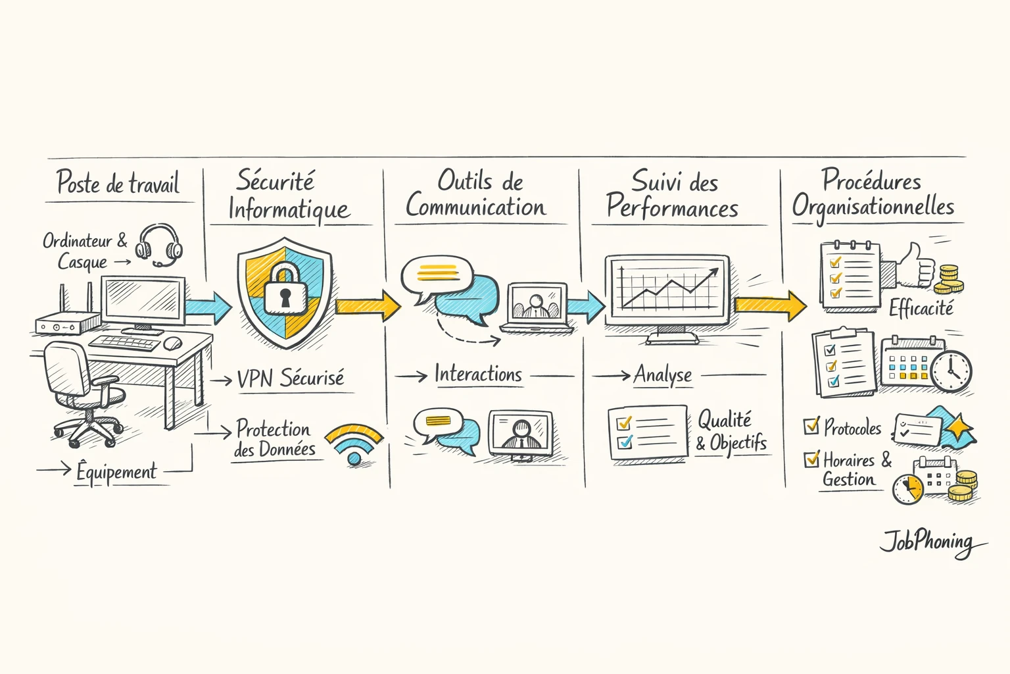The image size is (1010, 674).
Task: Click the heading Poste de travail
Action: click(x=118, y=183)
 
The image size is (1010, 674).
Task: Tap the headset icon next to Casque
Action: click(x=158, y=245)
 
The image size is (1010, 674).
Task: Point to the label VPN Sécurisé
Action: click(x=290, y=378)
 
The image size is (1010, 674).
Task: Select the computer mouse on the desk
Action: click(x=172, y=343)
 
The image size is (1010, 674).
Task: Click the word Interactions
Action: click(x=478, y=375)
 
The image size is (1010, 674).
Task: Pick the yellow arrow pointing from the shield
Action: click(x=368, y=305)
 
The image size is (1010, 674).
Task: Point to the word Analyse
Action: click(x=663, y=375)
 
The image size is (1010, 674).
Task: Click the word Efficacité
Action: click(x=921, y=308)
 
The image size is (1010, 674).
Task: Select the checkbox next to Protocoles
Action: click(x=811, y=426)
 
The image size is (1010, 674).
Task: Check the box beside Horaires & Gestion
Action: click(x=811, y=458)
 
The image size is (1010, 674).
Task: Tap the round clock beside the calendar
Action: click(x=951, y=372)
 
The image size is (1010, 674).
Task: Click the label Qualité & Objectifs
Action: click(x=731, y=431)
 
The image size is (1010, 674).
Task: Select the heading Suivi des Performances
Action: click(x=673, y=195)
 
